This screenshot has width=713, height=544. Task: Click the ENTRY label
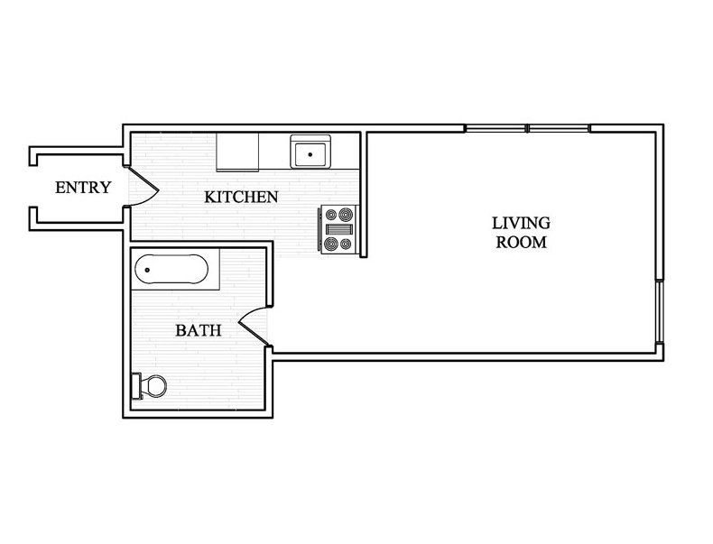coord(83,188)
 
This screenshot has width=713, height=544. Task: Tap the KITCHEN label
coord(241,197)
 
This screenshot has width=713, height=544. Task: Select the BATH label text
coord(199,330)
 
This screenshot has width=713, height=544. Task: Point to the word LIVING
coord(521,223)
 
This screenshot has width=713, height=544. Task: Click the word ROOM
coord(521,243)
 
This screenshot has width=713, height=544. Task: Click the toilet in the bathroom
coord(149,386)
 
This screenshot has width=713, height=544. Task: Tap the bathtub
coord(171,269)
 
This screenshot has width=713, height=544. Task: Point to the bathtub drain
coord(147,270)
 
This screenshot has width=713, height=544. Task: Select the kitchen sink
coord(311,152)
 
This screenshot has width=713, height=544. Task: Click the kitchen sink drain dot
coord(310,154)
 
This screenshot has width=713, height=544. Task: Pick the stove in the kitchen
coord(339,229)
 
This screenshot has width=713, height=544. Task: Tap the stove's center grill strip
coord(339,229)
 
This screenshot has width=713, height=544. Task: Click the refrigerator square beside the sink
coord(237,152)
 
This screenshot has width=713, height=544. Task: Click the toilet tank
coord(136,386)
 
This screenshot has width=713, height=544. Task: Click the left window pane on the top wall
coord(495,128)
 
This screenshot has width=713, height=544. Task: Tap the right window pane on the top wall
coord(559,128)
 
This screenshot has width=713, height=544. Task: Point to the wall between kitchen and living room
coord(364,195)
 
